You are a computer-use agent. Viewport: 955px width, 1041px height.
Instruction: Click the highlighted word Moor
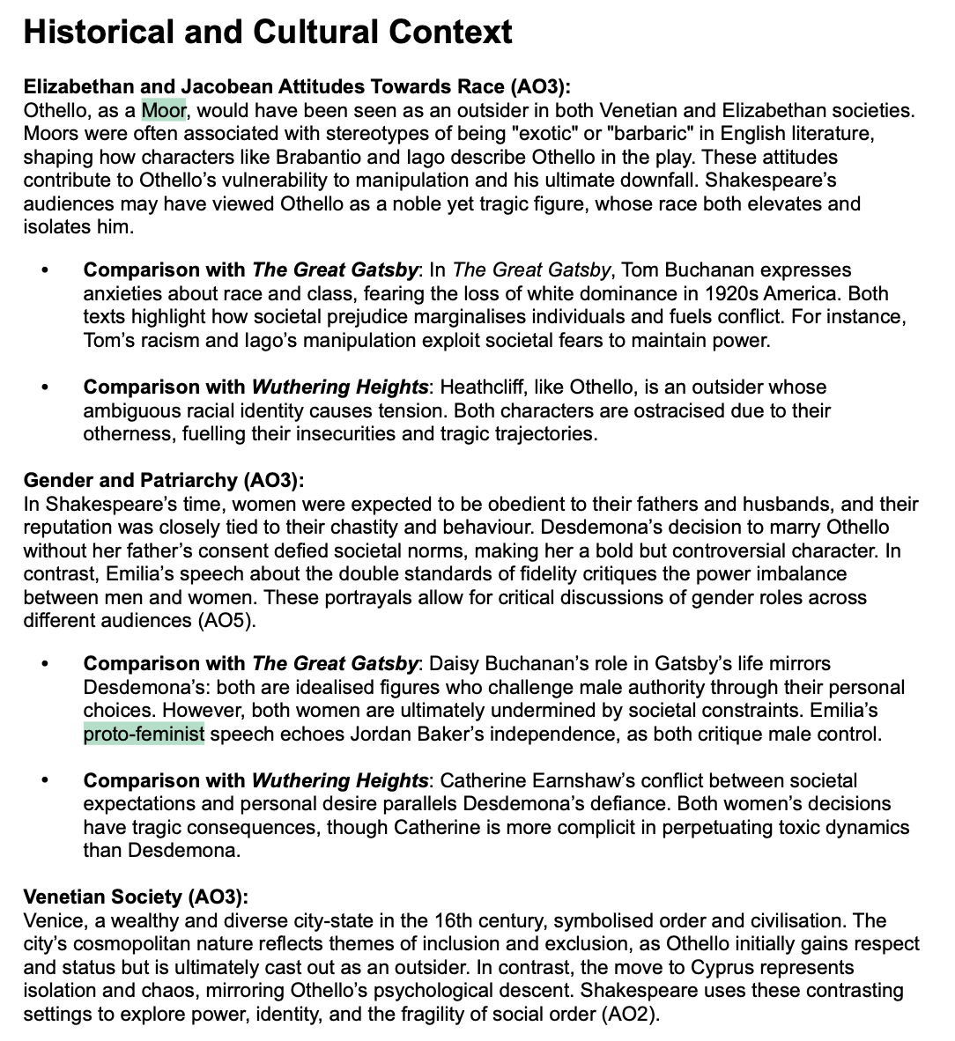165,110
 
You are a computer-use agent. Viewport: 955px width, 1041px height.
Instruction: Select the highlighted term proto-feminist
144,734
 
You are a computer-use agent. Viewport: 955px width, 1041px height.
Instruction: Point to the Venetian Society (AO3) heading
136,897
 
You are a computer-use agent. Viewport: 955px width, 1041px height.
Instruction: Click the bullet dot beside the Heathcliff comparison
45,388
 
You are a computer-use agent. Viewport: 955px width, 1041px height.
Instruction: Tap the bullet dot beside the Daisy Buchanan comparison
45,664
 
